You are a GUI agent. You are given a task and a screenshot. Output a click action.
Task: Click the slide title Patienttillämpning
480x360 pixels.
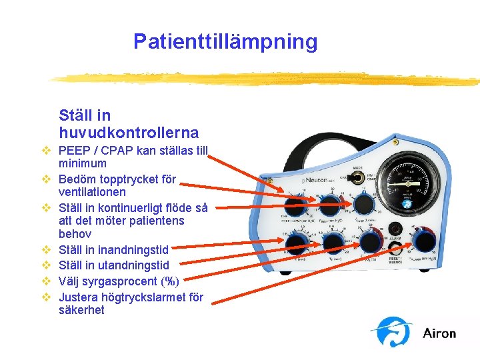[225, 41]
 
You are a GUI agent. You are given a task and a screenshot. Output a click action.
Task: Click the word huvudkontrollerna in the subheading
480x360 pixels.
[128, 132]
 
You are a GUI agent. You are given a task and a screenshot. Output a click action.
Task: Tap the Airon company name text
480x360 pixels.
[439, 333]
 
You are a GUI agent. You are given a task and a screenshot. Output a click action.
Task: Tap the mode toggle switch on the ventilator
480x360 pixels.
[352, 178]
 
